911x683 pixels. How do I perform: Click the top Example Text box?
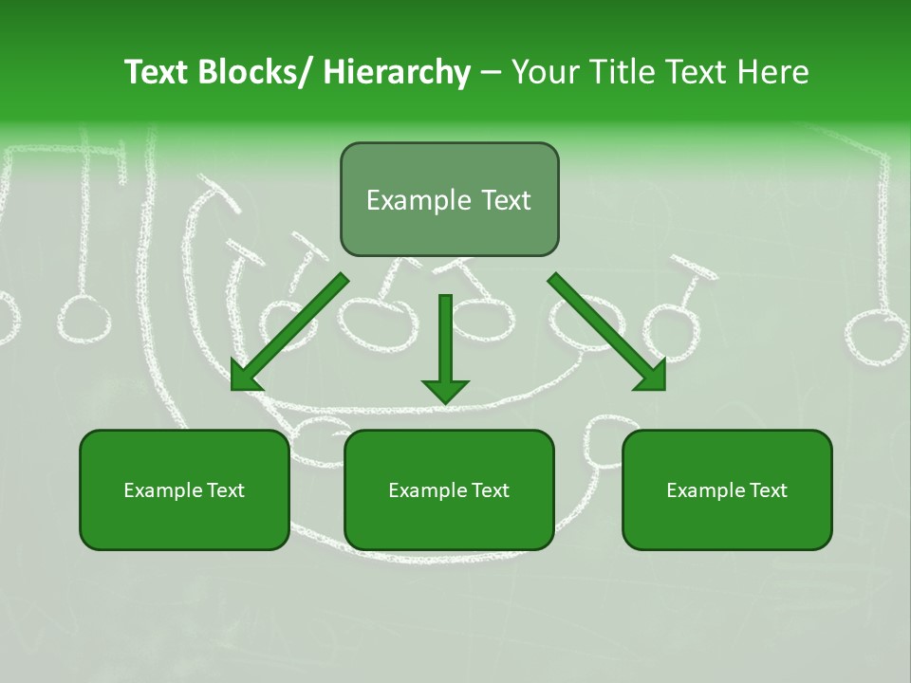point(449,199)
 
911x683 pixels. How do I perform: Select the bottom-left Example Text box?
point(184,489)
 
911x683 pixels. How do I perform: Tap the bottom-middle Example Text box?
point(449,489)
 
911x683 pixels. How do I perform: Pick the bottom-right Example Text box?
point(727,489)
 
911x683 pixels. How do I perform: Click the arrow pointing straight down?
point(445,347)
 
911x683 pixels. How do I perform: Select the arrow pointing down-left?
point(289,332)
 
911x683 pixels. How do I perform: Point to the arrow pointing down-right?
point(607,332)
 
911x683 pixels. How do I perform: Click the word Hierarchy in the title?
point(396,72)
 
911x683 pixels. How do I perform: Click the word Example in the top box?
point(418,200)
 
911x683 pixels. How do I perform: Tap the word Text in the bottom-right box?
point(768,490)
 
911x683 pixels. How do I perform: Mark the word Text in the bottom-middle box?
point(490,490)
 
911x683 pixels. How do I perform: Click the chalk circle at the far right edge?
point(876,341)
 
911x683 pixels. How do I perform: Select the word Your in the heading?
point(544,72)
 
